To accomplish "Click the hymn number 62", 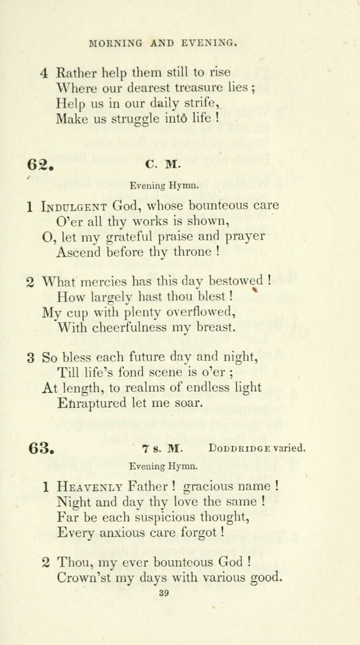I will click(x=39, y=165).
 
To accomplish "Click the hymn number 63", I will click(x=40, y=448).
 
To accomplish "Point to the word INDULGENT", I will click(x=75, y=206).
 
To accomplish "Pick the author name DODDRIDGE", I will click(x=240, y=449).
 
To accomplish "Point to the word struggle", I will click(x=123, y=119).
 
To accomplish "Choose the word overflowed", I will click(x=195, y=312).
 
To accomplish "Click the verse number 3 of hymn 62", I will click(x=31, y=357).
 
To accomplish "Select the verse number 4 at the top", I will click(x=44, y=73).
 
